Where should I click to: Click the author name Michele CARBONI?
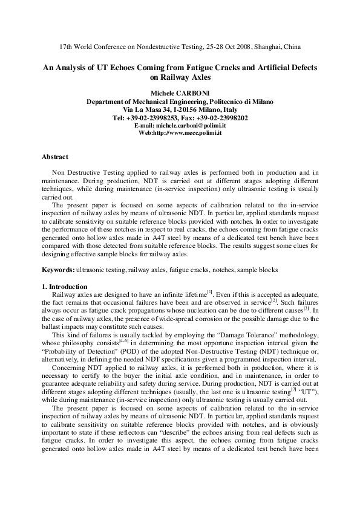180,94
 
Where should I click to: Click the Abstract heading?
54,157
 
